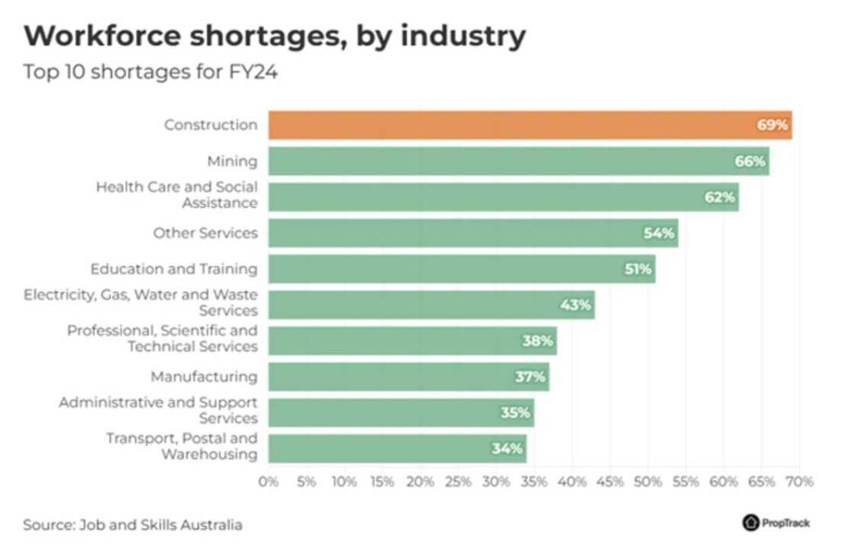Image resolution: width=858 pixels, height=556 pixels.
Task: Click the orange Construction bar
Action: (x=530, y=124)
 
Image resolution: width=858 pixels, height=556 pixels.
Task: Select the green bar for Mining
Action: (x=518, y=161)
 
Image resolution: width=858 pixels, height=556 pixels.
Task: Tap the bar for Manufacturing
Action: (x=408, y=377)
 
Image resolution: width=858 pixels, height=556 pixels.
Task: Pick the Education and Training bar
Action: (x=461, y=269)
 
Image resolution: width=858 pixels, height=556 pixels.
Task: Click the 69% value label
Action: (x=773, y=124)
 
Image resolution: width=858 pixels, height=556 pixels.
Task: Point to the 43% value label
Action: (x=576, y=305)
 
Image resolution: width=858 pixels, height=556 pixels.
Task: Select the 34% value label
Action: (x=507, y=448)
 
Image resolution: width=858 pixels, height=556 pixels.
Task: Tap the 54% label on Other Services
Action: (x=659, y=233)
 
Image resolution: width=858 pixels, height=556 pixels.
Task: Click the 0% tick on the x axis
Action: (x=269, y=482)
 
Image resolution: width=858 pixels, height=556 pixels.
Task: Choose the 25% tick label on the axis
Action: (x=458, y=482)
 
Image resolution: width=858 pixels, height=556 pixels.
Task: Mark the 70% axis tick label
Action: (x=799, y=482)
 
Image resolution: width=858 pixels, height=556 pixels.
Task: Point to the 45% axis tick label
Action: (x=610, y=482)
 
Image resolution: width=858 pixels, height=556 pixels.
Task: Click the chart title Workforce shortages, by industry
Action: (x=274, y=37)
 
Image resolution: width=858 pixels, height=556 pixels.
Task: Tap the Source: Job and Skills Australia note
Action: (x=132, y=525)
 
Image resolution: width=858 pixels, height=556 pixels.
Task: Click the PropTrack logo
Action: (x=776, y=523)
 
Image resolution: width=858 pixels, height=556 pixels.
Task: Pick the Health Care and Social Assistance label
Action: (x=176, y=195)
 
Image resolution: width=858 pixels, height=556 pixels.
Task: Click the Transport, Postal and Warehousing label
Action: (x=182, y=446)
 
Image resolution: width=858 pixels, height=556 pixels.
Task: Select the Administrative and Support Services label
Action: (x=158, y=410)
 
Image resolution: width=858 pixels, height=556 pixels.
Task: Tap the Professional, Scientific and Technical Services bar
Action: (x=412, y=341)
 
